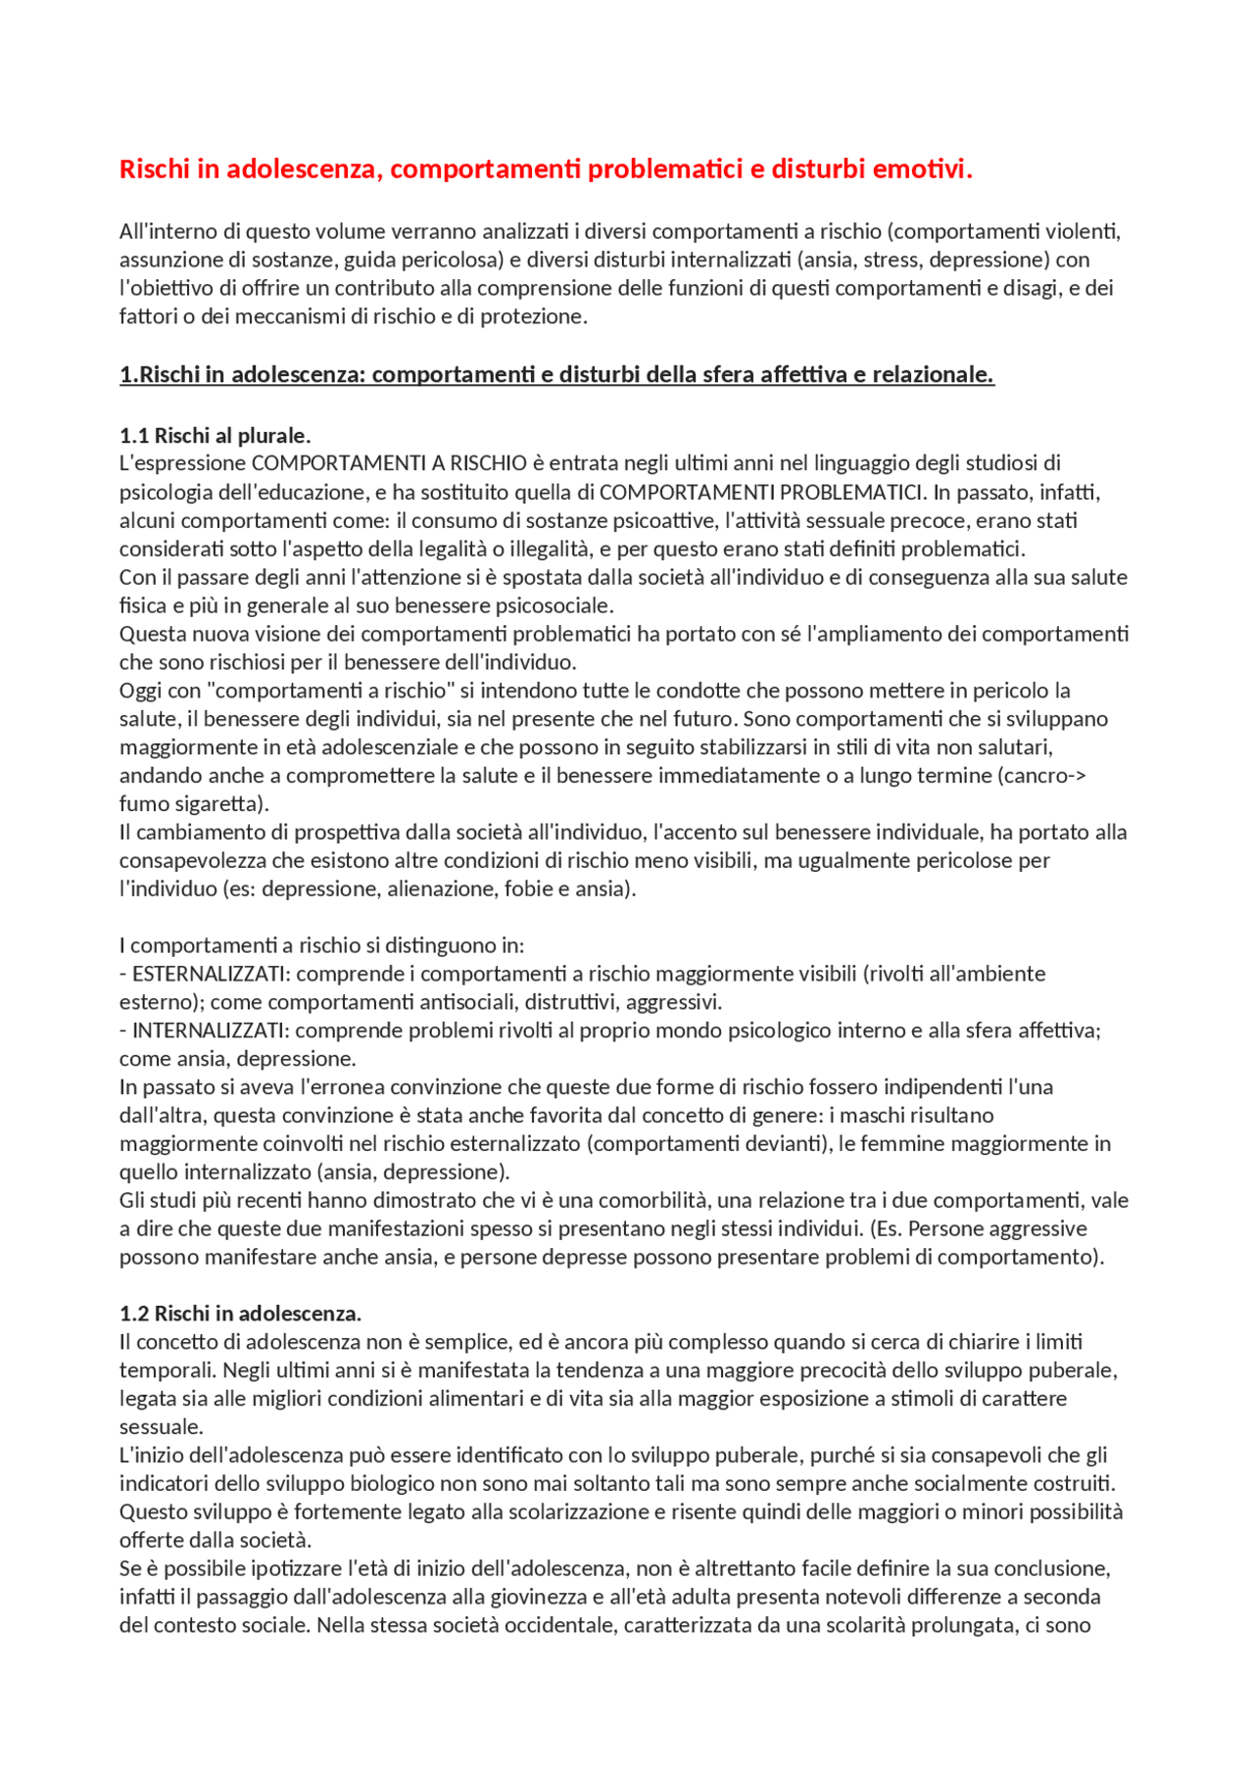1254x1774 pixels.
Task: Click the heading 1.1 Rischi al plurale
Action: [215, 436]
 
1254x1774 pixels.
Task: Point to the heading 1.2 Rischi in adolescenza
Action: [240, 1314]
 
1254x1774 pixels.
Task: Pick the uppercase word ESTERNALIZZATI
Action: [211, 974]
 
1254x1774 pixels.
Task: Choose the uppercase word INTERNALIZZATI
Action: [210, 1031]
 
